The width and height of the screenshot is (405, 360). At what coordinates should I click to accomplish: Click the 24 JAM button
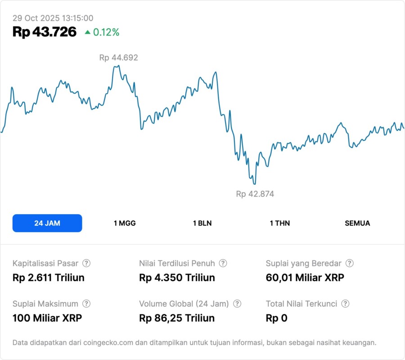click(47, 223)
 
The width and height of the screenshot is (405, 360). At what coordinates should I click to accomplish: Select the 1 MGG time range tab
click(125, 223)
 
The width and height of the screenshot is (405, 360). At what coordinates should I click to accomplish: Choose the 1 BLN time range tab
click(202, 223)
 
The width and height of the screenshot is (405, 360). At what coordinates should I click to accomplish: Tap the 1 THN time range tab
click(280, 223)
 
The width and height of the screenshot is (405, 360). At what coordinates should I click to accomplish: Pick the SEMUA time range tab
click(357, 223)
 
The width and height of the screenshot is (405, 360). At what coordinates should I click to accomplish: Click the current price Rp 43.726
click(45, 32)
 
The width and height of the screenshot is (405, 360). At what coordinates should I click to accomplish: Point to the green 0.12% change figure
click(106, 32)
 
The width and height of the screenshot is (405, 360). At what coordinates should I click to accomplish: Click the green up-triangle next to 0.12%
click(87, 32)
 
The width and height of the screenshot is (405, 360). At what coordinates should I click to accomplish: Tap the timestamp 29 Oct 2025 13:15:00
click(53, 18)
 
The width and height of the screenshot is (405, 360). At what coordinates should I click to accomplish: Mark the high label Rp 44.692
click(118, 58)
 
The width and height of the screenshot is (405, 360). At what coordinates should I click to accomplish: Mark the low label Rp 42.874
click(255, 194)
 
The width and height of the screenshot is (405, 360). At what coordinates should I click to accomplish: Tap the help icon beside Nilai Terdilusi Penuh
click(223, 263)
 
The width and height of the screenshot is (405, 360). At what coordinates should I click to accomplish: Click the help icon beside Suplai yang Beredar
click(349, 263)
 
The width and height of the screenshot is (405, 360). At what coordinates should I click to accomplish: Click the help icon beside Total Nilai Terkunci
click(345, 304)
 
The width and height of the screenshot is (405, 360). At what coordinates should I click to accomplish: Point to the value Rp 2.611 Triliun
click(49, 278)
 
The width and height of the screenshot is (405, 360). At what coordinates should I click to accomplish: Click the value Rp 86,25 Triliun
click(177, 318)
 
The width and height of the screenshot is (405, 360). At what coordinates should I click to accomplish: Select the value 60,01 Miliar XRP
click(305, 278)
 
